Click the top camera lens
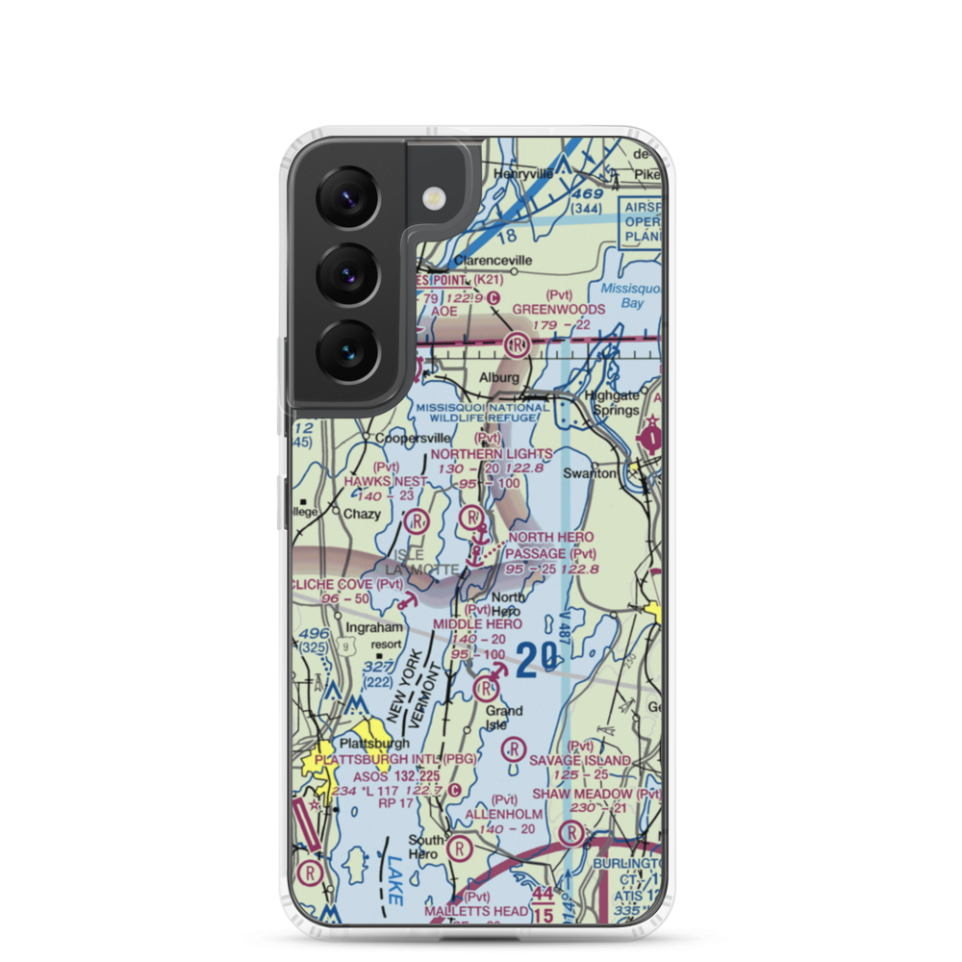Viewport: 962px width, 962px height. (346, 198)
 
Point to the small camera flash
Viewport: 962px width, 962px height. (435, 197)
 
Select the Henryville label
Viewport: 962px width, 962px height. (524, 174)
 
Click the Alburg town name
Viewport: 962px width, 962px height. (499, 378)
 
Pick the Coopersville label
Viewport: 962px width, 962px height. (413, 438)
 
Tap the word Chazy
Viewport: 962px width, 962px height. (362, 515)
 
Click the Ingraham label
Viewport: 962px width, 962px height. (376, 628)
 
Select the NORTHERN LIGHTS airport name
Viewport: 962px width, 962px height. (492, 453)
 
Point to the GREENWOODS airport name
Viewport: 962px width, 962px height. (559, 309)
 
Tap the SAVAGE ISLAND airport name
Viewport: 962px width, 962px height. (580, 760)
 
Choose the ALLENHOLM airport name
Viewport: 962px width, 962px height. (503, 814)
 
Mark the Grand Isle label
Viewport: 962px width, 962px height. (503, 718)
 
